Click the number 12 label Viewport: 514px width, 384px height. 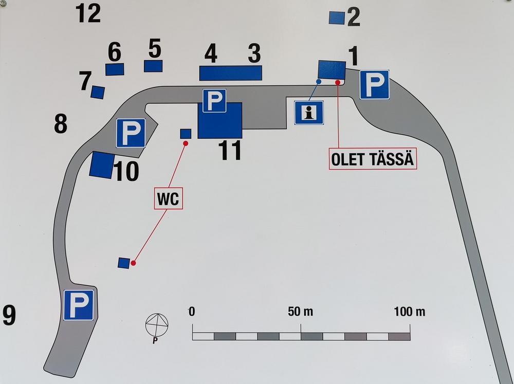pyautogui.click(x=88, y=14)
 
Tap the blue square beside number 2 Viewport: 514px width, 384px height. pyautogui.click(x=337, y=18)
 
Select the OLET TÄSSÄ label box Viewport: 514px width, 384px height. pyautogui.click(x=373, y=159)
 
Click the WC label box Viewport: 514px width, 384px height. pyautogui.click(x=168, y=198)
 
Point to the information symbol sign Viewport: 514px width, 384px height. pyautogui.click(x=309, y=113)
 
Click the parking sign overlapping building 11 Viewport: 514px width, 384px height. pyautogui.click(x=214, y=101)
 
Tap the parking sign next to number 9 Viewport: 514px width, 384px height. pyautogui.click(x=79, y=305)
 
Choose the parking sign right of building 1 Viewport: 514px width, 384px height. pyautogui.click(x=374, y=85)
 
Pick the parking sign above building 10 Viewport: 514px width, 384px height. pyautogui.click(x=131, y=133)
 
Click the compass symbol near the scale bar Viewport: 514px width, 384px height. pyautogui.click(x=157, y=325)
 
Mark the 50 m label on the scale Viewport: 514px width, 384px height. pyautogui.click(x=300, y=312)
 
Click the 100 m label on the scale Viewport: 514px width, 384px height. pyautogui.click(x=410, y=312)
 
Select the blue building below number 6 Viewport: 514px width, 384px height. pyautogui.click(x=115, y=69)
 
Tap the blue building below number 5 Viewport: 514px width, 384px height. pyautogui.click(x=153, y=66)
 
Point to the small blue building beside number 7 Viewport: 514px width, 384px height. pyautogui.click(x=98, y=92)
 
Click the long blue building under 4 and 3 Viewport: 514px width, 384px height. pyautogui.click(x=231, y=73)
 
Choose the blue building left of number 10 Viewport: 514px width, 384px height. pyautogui.click(x=102, y=165)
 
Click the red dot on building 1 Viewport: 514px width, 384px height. pyautogui.click(x=338, y=82)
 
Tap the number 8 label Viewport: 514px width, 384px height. pyautogui.click(x=61, y=123)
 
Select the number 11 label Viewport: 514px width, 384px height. pyautogui.click(x=230, y=150)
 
